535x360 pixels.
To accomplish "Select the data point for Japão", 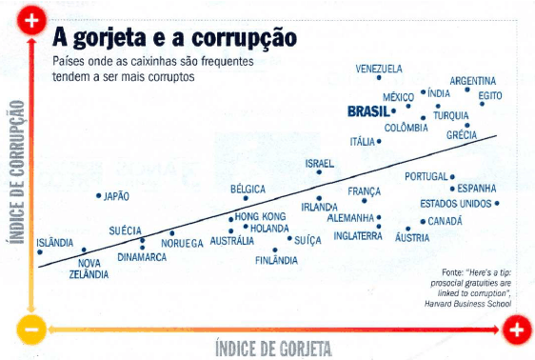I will pyautogui.click(x=99, y=196).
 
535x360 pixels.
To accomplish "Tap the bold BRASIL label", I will pyautogui.click(x=368, y=111).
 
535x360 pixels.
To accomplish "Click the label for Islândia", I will pyautogui.click(x=54, y=242).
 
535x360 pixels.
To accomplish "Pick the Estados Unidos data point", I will pyautogui.click(x=497, y=203).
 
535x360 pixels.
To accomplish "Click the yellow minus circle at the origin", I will pyautogui.click(x=30, y=330).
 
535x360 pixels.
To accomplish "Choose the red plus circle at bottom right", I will pyautogui.click(x=515, y=330).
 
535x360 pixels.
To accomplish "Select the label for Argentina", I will pyautogui.click(x=472, y=80).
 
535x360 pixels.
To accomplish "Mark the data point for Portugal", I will pyautogui.click(x=453, y=177).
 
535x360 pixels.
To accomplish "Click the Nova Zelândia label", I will pyautogui.click(x=89, y=269).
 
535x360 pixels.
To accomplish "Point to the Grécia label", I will pyautogui.click(x=462, y=135).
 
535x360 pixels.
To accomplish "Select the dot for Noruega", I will pyautogui.click(x=172, y=232).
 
